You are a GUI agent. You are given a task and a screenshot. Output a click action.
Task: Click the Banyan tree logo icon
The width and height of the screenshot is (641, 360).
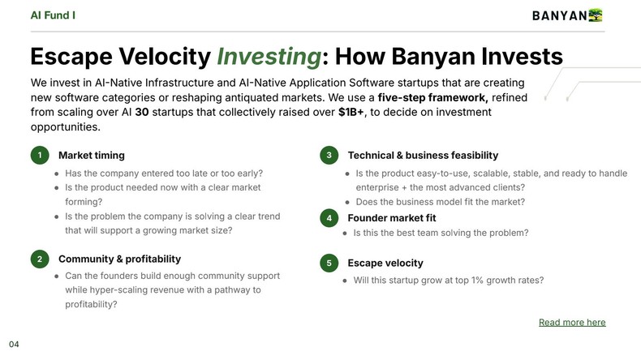(x=596, y=15)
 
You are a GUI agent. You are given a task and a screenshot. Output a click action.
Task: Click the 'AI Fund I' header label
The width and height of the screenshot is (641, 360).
(x=54, y=15)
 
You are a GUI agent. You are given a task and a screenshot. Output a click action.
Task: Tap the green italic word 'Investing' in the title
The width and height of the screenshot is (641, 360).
(x=268, y=56)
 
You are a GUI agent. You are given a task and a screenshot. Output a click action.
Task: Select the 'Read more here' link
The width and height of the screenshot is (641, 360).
(x=572, y=322)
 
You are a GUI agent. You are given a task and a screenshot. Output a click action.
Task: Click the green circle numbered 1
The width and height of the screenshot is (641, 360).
(x=39, y=155)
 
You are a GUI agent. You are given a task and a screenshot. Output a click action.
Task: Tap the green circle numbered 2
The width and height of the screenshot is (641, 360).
(x=39, y=259)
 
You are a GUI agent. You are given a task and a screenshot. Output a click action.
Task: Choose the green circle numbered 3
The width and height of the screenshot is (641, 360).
(x=329, y=155)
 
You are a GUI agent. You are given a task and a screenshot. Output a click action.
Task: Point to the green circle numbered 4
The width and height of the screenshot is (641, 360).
(x=329, y=218)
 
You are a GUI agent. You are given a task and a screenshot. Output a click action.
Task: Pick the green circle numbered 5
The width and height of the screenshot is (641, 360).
(x=329, y=263)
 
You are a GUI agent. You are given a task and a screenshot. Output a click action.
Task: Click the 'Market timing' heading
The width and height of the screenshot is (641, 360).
(x=92, y=155)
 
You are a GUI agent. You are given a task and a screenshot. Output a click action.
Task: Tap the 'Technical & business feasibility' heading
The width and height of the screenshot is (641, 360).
(x=423, y=155)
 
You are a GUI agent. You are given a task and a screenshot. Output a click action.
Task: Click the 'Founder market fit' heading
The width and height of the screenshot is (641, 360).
(x=392, y=218)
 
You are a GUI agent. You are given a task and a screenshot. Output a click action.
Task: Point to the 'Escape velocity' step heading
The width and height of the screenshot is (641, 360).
(x=385, y=263)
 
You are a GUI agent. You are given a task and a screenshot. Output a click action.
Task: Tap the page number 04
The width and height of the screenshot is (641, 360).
(x=14, y=345)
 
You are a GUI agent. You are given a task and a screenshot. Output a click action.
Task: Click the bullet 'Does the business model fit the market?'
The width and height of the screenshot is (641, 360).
(x=440, y=202)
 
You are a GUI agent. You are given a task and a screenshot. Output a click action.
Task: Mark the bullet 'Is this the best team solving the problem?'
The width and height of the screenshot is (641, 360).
(x=441, y=233)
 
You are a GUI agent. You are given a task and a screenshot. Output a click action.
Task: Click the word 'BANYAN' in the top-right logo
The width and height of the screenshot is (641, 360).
(x=559, y=15)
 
